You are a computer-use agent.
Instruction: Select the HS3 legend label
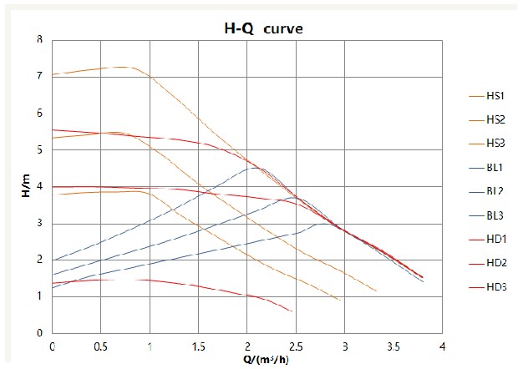(x=495, y=144)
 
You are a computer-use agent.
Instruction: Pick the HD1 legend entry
(x=495, y=239)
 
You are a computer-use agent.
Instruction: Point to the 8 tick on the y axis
(x=39, y=39)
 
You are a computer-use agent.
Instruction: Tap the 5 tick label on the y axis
(x=39, y=149)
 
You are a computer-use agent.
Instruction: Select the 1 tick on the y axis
(x=39, y=296)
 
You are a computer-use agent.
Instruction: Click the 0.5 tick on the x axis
(x=101, y=345)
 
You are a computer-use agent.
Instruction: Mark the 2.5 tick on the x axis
(x=296, y=345)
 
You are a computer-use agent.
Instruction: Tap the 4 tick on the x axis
(x=441, y=345)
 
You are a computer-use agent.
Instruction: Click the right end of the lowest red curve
(x=292, y=311)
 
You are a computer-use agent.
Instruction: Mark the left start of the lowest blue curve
(x=53, y=288)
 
